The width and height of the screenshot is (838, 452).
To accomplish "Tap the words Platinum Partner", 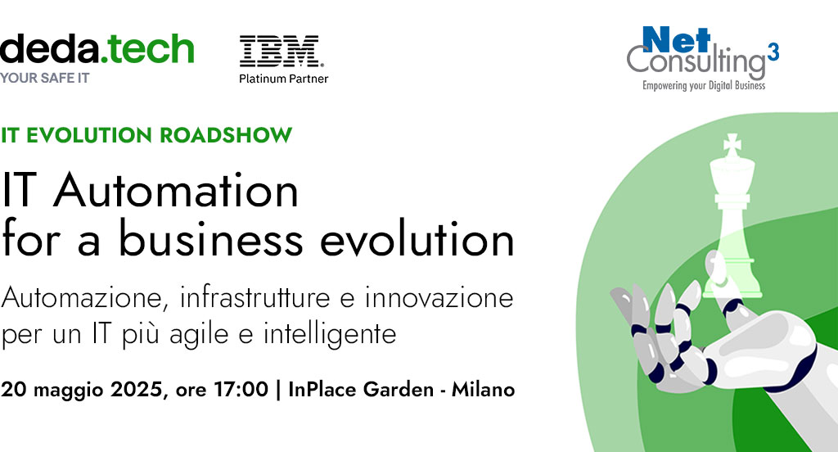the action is click(283, 79).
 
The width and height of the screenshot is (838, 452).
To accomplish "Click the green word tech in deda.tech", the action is click(148, 48).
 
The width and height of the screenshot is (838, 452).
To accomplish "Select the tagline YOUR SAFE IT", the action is click(44, 78).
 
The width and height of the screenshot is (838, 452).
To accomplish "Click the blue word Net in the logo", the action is click(677, 39).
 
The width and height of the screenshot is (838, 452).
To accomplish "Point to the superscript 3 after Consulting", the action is click(773, 52).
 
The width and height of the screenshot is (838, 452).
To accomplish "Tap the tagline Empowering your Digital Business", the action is click(704, 86).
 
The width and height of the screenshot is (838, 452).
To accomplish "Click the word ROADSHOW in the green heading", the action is click(226, 135).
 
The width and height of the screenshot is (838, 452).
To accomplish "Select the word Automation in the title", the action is click(176, 191).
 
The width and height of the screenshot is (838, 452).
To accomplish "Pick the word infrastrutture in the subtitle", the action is click(255, 297).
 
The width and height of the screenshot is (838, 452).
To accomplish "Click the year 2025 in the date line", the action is click(136, 389).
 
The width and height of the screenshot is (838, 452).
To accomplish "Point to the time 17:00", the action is click(241, 389).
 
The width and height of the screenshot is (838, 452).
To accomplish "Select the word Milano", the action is click(483, 389).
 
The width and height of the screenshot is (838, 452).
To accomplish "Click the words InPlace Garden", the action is click(361, 389).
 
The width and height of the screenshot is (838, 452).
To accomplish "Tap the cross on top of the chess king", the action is click(732, 144).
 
